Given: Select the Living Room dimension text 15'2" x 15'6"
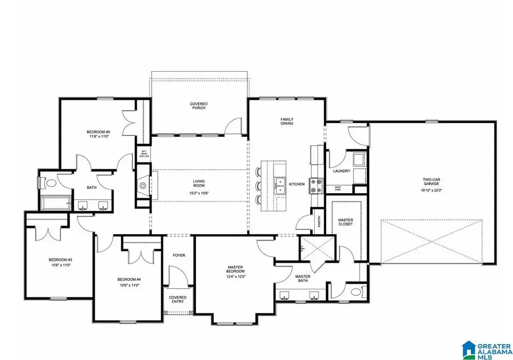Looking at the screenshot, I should (199, 193).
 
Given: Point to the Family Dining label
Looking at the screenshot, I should (286, 121).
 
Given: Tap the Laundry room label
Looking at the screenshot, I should (341, 171).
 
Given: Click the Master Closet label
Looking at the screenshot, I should (345, 222).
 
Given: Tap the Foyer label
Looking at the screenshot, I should (179, 255).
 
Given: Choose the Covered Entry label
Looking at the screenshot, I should (178, 300).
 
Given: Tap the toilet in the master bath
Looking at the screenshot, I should (356, 292).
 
